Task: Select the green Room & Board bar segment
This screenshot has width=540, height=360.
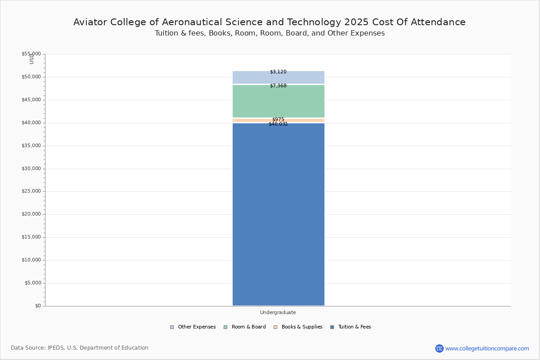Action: click(278, 103)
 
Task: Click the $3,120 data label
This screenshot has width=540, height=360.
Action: click(278, 72)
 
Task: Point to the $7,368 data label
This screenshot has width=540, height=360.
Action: click(278, 86)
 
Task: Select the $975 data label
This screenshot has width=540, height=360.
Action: click(278, 119)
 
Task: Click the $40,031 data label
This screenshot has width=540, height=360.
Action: click(278, 124)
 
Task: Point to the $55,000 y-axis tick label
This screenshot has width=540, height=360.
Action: click(31, 54)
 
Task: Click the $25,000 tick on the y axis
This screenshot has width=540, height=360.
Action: click(31, 191)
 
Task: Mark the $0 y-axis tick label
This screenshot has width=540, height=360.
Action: click(37, 306)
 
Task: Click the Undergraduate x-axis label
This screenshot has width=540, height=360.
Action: click(278, 312)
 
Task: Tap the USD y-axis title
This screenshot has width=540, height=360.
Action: click(31, 58)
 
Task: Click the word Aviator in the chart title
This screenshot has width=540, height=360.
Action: click(90, 22)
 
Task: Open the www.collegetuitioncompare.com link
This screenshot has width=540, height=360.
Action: click(487, 348)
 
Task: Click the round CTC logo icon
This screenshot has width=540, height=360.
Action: click(439, 348)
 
